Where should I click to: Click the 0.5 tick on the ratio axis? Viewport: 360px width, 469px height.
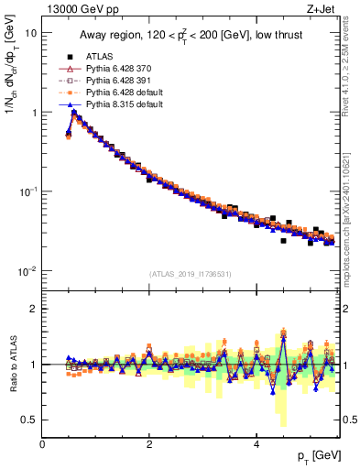(x=29, y=420)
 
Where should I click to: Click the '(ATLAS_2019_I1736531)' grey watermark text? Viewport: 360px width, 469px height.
(x=191, y=274)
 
